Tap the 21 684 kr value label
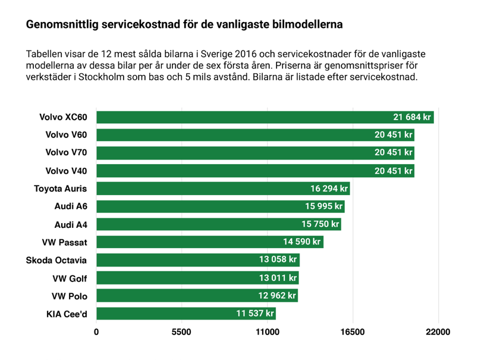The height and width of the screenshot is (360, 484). [412, 117]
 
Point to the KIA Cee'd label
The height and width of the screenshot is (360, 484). [67, 314]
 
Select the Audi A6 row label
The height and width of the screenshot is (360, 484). [71, 206]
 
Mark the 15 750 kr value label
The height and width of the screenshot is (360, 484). [320, 224]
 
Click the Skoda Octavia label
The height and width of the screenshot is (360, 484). [56, 260]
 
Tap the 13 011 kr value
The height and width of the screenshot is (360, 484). [277, 278]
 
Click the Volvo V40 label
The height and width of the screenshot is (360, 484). [66, 171]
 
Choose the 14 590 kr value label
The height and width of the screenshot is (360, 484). [301, 242]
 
